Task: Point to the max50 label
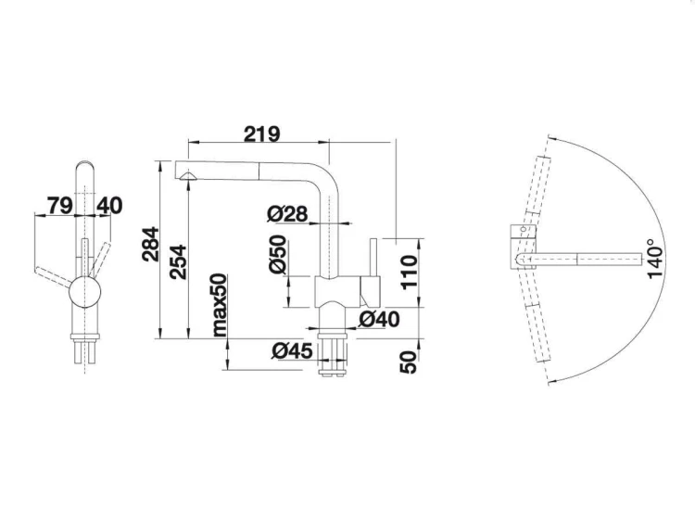point(220,305)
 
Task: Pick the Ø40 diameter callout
point(378,320)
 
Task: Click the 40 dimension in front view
point(108,205)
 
